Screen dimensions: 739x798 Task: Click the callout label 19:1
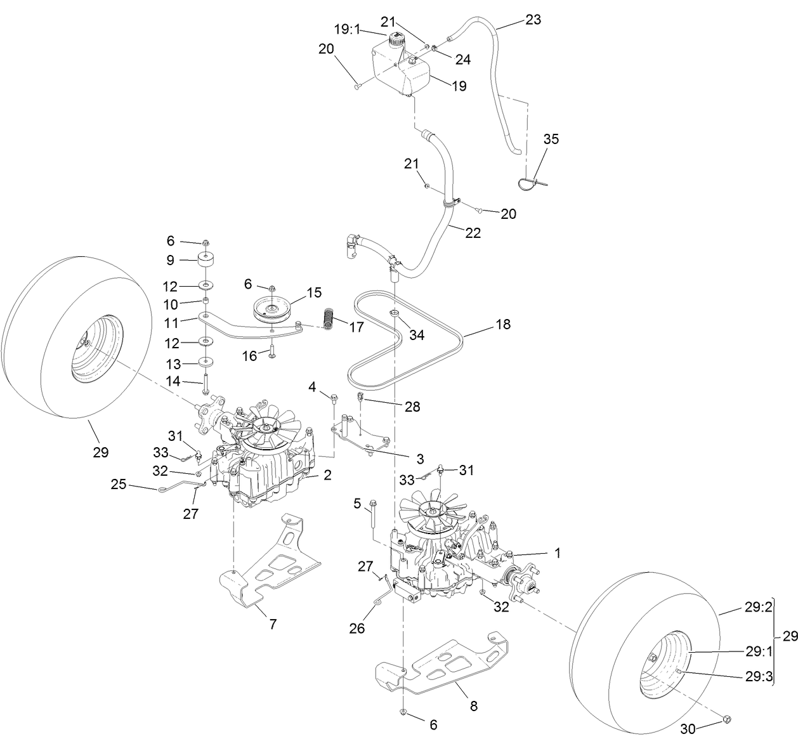(x=346, y=29)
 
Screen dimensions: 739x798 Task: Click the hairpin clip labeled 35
(x=529, y=182)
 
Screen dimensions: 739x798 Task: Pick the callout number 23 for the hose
(x=533, y=20)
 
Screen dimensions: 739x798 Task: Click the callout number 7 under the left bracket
(x=273, y=624)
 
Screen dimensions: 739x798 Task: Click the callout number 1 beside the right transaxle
(x=558, y=553)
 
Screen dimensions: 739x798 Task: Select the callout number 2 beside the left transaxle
(x=327, y=474)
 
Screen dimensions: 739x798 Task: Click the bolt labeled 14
(x=206, y=386)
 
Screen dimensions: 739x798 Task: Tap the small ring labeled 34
(x=394, y=314)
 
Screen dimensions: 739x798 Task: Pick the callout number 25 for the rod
(x=119, y=485)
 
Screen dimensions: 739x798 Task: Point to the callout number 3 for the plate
(x=402, y=458)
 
